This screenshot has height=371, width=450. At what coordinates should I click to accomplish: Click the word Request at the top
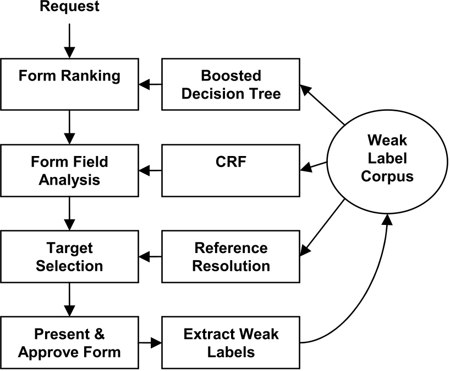click(70, 7)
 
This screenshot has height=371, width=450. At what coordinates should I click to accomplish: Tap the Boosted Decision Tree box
click(231, 84)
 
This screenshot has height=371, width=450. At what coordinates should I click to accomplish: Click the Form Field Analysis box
click(70, 171)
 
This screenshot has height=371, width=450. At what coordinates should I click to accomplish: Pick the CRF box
click(231, 171)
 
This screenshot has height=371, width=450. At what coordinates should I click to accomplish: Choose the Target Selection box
click(70, 257)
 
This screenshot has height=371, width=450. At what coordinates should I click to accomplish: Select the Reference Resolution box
click(231, 257)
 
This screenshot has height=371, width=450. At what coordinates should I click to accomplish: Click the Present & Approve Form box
click(70, 342)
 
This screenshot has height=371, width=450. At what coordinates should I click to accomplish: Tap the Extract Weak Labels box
click(231, 342)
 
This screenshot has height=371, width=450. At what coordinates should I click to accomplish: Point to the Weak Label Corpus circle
click(388, 159)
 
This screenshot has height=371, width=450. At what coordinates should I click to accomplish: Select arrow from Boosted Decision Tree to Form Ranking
click(150, 84)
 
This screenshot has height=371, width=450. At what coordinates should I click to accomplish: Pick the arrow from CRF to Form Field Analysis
click(150, 171)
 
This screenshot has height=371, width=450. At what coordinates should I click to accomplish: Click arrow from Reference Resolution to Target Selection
click(150, 257)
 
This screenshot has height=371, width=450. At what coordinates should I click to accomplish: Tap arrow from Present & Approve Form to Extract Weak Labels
click(150, 342)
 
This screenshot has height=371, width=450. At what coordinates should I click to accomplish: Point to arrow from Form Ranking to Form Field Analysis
click(70, 127)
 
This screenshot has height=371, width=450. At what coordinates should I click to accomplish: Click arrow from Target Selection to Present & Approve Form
click(70, 299)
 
